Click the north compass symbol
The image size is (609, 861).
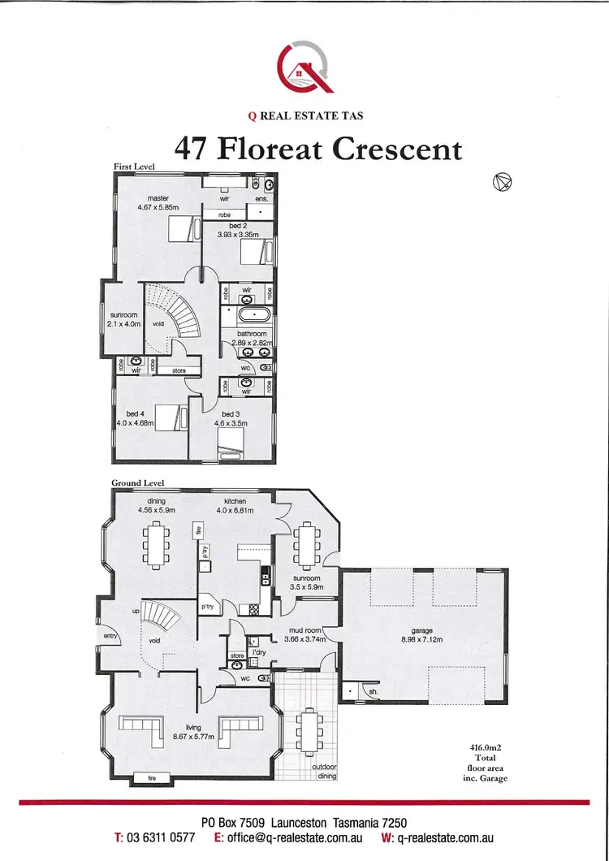point(503,184)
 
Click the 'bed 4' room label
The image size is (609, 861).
point(134,413)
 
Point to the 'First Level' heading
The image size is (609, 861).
point(134,167)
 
